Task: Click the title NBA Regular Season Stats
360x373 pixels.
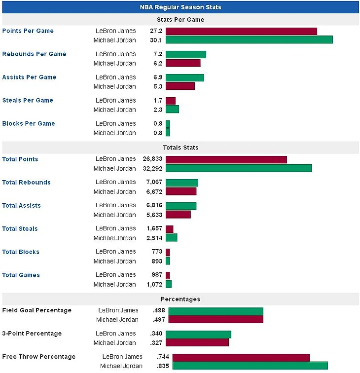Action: (180, 7)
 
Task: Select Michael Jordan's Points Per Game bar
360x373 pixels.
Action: (249, 39)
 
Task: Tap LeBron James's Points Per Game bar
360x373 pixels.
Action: (241, 31)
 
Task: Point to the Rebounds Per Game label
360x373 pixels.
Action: (34, 54)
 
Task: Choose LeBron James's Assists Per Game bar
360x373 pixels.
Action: (184, 77)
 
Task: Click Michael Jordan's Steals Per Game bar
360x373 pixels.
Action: (172, 109)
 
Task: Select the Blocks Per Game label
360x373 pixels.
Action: (29, 123)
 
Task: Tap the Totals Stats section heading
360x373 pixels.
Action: (180, 148)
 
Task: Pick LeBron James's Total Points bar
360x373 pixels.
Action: (226, 159)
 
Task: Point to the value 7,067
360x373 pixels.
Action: (155, 182)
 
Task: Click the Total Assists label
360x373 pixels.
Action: (21, 205)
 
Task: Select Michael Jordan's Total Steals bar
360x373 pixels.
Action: (171, 238)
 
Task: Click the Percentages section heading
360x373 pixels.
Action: (180, 299)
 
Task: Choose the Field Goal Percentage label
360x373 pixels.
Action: (37, 310)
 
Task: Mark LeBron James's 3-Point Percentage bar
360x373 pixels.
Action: (198, 334)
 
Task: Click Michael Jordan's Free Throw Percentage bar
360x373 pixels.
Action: (250, 366)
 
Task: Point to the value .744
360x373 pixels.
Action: (163, 357)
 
